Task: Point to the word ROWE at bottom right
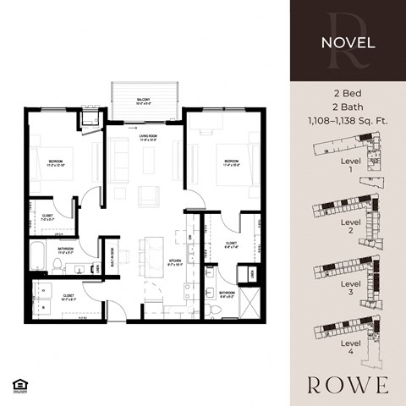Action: (x=347, y=384)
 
